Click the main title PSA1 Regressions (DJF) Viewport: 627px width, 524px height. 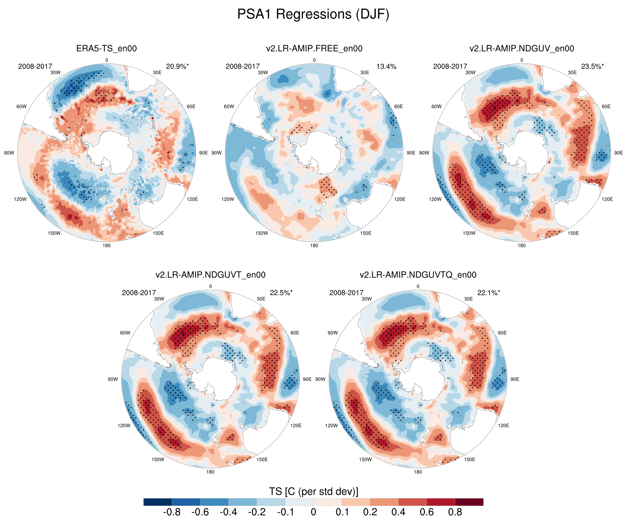coord(313,14)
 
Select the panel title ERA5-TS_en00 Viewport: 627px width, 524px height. coord(107,48)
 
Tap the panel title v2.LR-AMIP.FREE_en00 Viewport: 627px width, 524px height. coord(314,48)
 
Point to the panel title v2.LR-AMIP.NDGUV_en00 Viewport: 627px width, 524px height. coord(522,48)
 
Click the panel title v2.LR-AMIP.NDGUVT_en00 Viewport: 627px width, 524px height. coord(211,275)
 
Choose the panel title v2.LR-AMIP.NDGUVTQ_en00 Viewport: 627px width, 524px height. coord(418,275)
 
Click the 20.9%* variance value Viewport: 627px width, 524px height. coord(177,66)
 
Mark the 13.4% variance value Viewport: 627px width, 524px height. coord(386,66)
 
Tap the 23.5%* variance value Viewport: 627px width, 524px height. coord(592,66)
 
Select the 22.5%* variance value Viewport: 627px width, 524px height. coord(281,293)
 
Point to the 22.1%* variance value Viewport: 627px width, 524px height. coord(488,293)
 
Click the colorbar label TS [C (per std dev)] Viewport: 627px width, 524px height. coord(313,491)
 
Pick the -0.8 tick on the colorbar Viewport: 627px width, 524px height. coord(172,512)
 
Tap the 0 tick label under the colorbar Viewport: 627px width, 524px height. coord(313,512)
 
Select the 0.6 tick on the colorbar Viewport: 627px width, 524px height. coord(427,512)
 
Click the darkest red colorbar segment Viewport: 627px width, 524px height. coord(469,502)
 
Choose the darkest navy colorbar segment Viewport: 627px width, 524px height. coord(158,502)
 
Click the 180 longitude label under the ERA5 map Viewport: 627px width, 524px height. coord(107,246)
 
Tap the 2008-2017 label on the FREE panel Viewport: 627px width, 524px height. coord(242,66)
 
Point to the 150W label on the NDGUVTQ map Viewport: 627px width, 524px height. coord(365,460)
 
